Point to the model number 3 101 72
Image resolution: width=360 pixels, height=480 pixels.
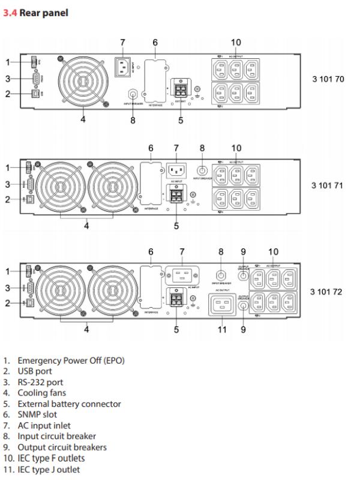(328, 292)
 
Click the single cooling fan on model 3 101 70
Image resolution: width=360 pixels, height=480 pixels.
(83, 82)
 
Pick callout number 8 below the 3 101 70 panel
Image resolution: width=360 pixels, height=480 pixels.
(133, 119)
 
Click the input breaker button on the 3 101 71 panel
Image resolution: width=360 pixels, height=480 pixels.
(203, 170)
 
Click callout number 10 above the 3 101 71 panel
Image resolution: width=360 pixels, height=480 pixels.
(236, 148)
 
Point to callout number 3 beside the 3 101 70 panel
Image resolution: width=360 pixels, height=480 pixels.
(8, 79)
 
